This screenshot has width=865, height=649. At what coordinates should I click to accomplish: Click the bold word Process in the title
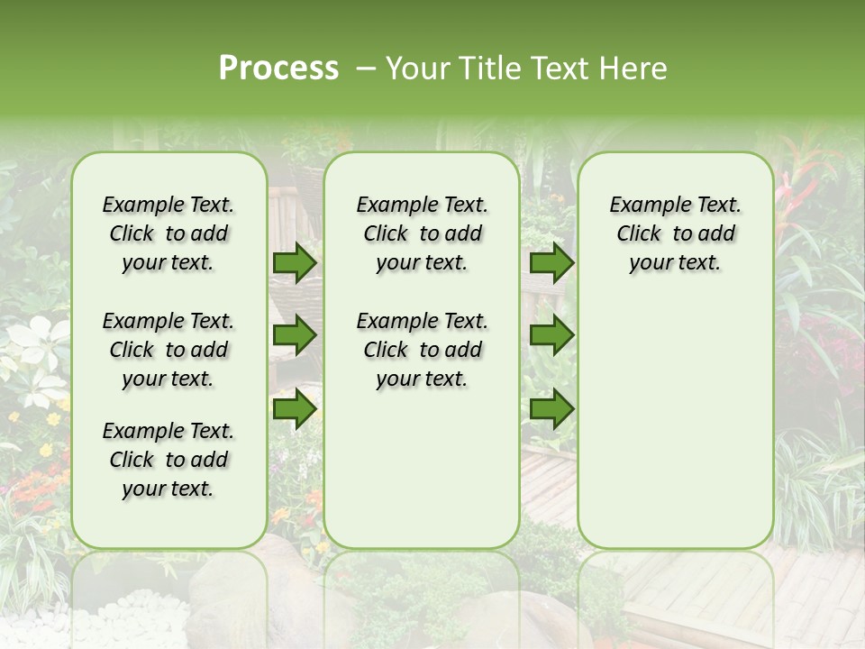278,69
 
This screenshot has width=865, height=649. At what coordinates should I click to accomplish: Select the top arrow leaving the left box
295,262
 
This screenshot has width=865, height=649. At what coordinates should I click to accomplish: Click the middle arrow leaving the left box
295,335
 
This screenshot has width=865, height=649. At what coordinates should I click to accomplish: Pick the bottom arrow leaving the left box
295,408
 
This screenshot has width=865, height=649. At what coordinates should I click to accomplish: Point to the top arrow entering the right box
551,262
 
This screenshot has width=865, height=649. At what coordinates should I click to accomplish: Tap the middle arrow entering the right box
551,335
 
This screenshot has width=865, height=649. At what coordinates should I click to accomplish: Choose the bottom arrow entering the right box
551,408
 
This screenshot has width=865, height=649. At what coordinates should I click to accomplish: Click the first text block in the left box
168,233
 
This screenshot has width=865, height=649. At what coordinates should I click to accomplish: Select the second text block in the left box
168,350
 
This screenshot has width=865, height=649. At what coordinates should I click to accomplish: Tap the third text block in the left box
168,460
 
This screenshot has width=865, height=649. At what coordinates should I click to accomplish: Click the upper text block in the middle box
422,233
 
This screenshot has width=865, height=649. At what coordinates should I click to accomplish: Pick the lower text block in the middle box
422,350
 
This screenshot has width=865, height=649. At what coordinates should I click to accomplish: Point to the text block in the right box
675,233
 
